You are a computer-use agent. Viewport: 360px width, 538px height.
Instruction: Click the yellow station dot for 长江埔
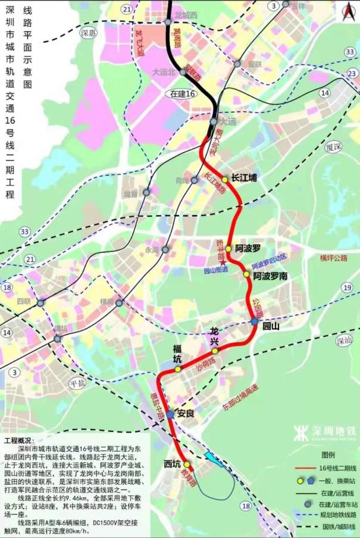coord(225,179)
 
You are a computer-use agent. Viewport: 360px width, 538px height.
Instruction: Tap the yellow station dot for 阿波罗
coord(228,249)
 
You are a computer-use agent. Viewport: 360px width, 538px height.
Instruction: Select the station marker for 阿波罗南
coord(246,274)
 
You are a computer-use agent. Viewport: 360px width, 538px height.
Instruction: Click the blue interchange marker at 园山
coord(254,322)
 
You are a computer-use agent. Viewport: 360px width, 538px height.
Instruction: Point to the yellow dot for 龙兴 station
coord(215,351)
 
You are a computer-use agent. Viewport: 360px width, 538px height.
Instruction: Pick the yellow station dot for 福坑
coord(177,369)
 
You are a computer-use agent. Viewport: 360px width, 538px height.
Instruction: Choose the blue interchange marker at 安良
coord(170,414)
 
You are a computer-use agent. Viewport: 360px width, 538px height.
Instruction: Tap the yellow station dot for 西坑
coord(186,464)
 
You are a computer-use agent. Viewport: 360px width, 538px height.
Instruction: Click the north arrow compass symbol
coord(348,9)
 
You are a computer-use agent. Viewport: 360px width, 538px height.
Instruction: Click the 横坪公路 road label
coord(333,258)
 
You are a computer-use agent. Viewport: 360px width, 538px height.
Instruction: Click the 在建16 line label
coord(183,93)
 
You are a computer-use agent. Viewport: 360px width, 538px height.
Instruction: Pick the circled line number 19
coord(347,287)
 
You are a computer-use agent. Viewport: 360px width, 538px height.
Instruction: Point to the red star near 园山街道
coord(222,262)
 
